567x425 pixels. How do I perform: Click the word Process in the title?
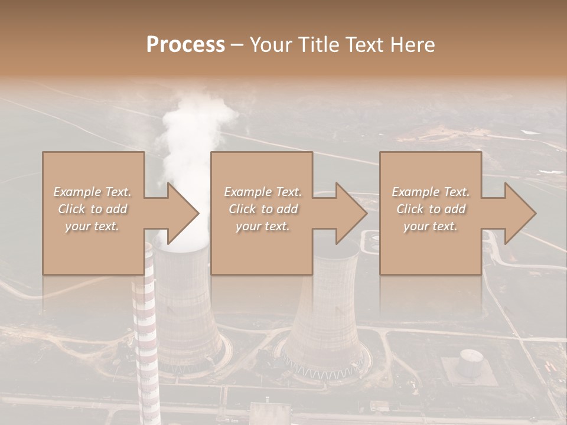[x=185, y=45]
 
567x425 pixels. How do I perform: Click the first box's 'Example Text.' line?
[x=92, y=192]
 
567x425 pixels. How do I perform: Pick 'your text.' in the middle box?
[x=262, y=226]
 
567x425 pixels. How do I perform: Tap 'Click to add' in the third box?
[x=431, y=209]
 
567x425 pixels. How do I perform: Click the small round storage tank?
[x=471, y=361]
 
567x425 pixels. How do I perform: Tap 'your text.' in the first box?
[x=92, y=226]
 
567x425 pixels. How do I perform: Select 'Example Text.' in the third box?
[x=431, y=192]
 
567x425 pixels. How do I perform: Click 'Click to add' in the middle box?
[x=262, y=209]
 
